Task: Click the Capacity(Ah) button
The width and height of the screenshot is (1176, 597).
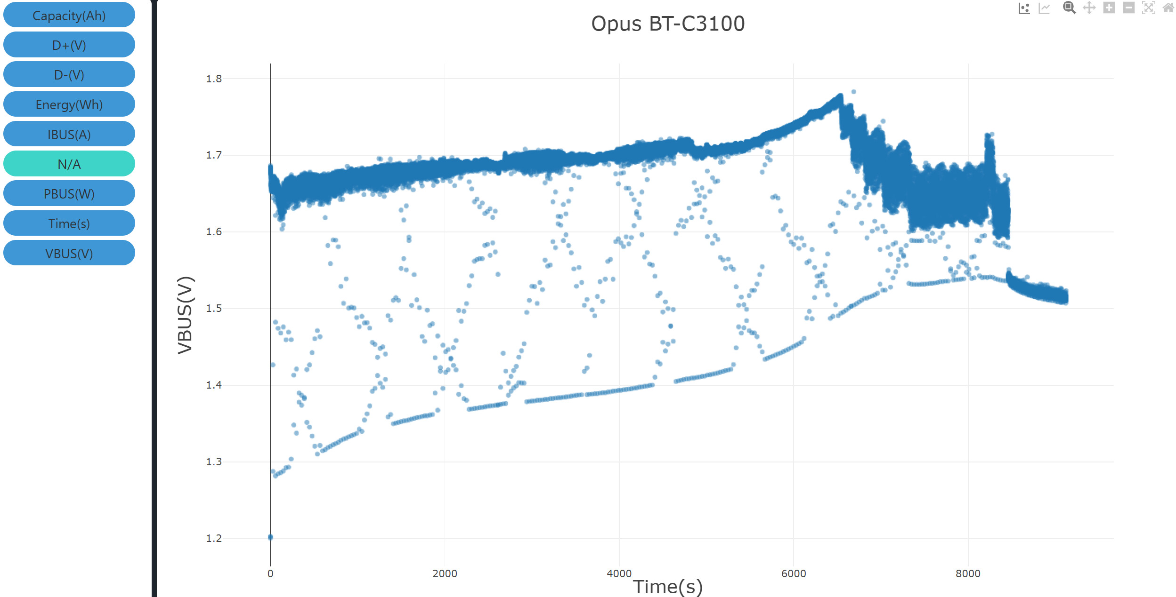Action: (x=69, y=16)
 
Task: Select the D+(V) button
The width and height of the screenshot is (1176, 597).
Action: (x=69, y=45)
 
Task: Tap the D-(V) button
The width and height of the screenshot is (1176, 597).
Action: (x=69, y=75)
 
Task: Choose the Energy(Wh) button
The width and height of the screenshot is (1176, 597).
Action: (x=69, y=104)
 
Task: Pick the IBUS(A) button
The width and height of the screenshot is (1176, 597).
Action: (x=69, y=135)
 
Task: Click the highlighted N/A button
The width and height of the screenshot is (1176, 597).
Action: (x=69, y=164)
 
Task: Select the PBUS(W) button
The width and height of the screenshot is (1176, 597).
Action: (x=69, y=194)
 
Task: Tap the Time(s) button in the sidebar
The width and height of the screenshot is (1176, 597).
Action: (x=69, y=223)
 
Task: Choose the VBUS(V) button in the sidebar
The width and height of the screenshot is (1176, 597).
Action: (x=69, y=254)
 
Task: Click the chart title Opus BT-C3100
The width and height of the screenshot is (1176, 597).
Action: (x=667, y=24)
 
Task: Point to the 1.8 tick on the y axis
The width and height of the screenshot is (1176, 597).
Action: (x=214, y=79)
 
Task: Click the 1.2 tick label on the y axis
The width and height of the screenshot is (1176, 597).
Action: (x=214, y=538)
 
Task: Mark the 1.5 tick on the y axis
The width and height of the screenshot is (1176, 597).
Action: (x=214, y=308)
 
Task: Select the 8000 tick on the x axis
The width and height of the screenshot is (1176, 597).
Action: (x=968, y=573)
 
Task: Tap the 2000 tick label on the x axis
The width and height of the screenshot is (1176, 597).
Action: (x=445, y=573)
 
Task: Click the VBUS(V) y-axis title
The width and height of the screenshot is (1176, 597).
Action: (x=185, y=315)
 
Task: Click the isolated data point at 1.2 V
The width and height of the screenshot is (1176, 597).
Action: (x=270, y=537)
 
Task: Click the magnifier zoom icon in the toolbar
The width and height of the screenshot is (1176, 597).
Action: (x=1069, y=8)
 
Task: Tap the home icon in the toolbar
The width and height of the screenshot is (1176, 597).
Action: (x=1168, y=8)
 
